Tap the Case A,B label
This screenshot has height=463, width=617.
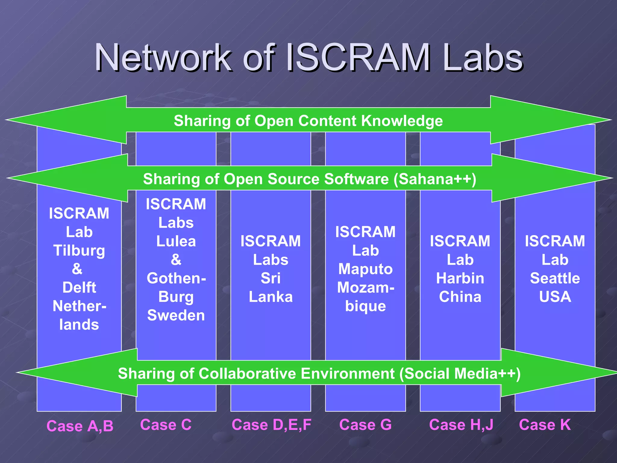point(80,426)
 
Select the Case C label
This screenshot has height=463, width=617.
point(166,425)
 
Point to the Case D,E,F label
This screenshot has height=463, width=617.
point(271,425)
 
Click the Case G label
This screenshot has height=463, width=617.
point(365,425)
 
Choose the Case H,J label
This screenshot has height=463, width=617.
point(461,425)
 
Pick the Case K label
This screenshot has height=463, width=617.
point(545,425)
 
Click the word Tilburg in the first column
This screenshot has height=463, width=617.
point(79,251)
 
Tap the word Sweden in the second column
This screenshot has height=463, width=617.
point(176,315)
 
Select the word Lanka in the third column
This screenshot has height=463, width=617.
point(271,297)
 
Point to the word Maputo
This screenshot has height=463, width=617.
point(365,269)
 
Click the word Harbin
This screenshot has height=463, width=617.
point(460,278)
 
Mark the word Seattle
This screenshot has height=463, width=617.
point(555,278)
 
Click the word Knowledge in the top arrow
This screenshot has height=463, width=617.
point(402,121)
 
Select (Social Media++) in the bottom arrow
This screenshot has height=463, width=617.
point(460,373)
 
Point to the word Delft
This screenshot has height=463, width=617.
point(79,288)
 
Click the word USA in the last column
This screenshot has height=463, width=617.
point(555,297)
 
